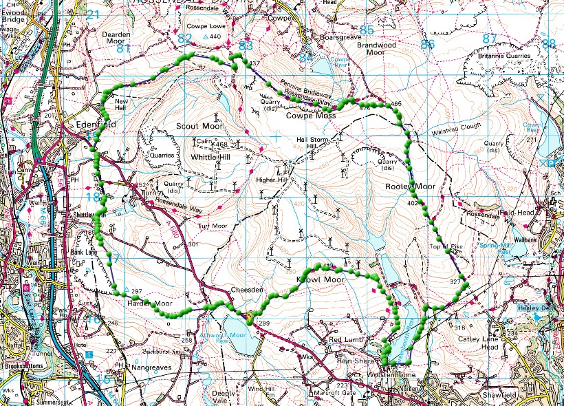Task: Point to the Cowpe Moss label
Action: pos(311,117)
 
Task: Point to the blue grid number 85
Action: pos(367,30)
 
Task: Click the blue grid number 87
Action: pos(489,39)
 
